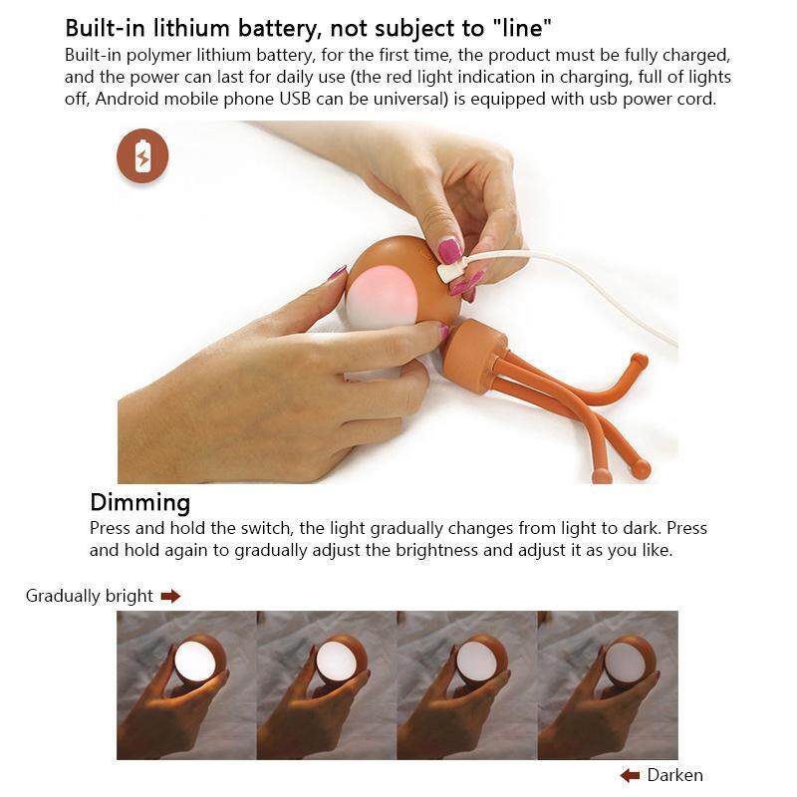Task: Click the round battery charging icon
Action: pyautogui.click(x=142, y=155)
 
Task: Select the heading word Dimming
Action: pyautogui.click(x=140, y=502)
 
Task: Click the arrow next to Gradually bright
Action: pyautogui.click(x=170, y=596)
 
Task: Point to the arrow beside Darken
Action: pyautogui.click(x=630, y=775)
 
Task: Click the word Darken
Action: pyautogui.click(x=675, y=775)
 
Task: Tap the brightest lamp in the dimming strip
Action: pyautogui.click(x=195, y=661)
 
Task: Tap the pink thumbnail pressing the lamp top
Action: pyautogui.click(x=449, y=251)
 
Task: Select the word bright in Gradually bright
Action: pyautogui.click(x=130, y=596)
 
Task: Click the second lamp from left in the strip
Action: pyautogui.click(x=338, y=661)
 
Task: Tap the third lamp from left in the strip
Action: pyautogui.click(x=478, y=661)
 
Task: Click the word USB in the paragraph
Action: pyautogui.click(x=295, y=99)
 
